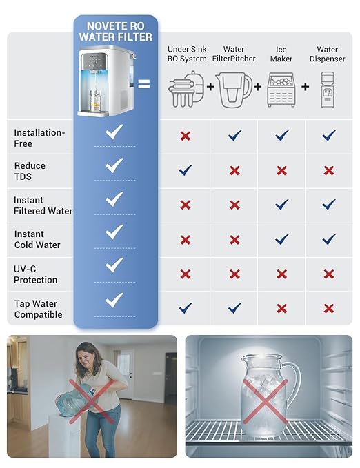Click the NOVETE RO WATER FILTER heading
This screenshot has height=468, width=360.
coord(116,31)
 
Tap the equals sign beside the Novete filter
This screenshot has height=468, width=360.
coord(143,85)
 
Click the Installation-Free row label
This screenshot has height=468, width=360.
coord(39,138)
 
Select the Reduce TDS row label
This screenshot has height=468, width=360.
coord(30,171)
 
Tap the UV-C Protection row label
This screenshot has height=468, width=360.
coord(35,274)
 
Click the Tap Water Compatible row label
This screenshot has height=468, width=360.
coord(38,309)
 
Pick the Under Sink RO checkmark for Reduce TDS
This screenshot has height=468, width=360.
coord(186,170)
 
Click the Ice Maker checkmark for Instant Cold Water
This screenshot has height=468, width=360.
coord(281,239)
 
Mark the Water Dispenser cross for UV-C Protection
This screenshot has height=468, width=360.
coord(329,274)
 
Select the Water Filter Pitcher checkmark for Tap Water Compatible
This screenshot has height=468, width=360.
coord(234,308)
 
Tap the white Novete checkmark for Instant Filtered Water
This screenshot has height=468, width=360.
coord(114,199)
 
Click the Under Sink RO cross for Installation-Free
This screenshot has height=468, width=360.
coord(186,136)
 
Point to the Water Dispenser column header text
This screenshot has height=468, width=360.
coord(327,54)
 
